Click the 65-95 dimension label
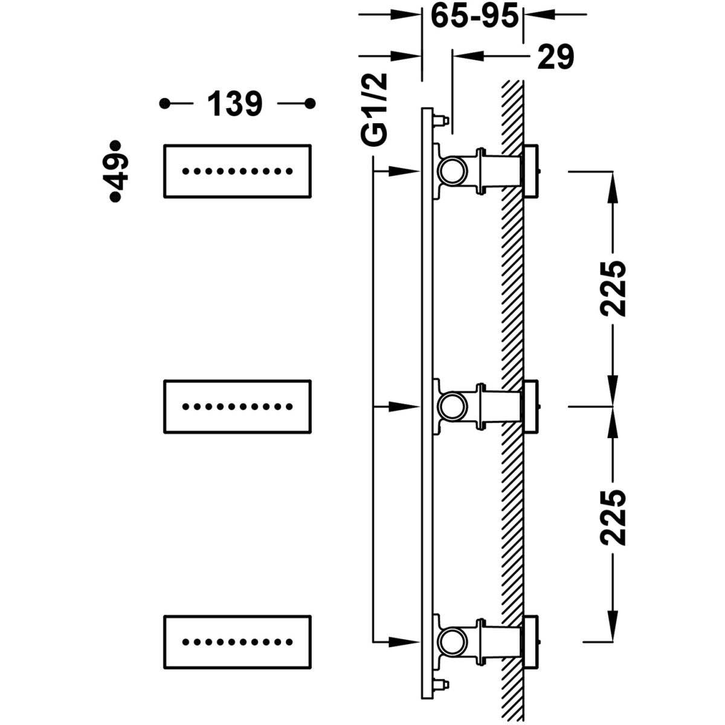(x=474, y=16)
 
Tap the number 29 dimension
(x=556, y=57)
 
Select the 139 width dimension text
(x=235, y=103)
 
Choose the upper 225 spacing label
(x=613, y=289)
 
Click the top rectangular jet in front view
(x=237, y=171)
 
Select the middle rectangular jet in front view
(x=237, y=407)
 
